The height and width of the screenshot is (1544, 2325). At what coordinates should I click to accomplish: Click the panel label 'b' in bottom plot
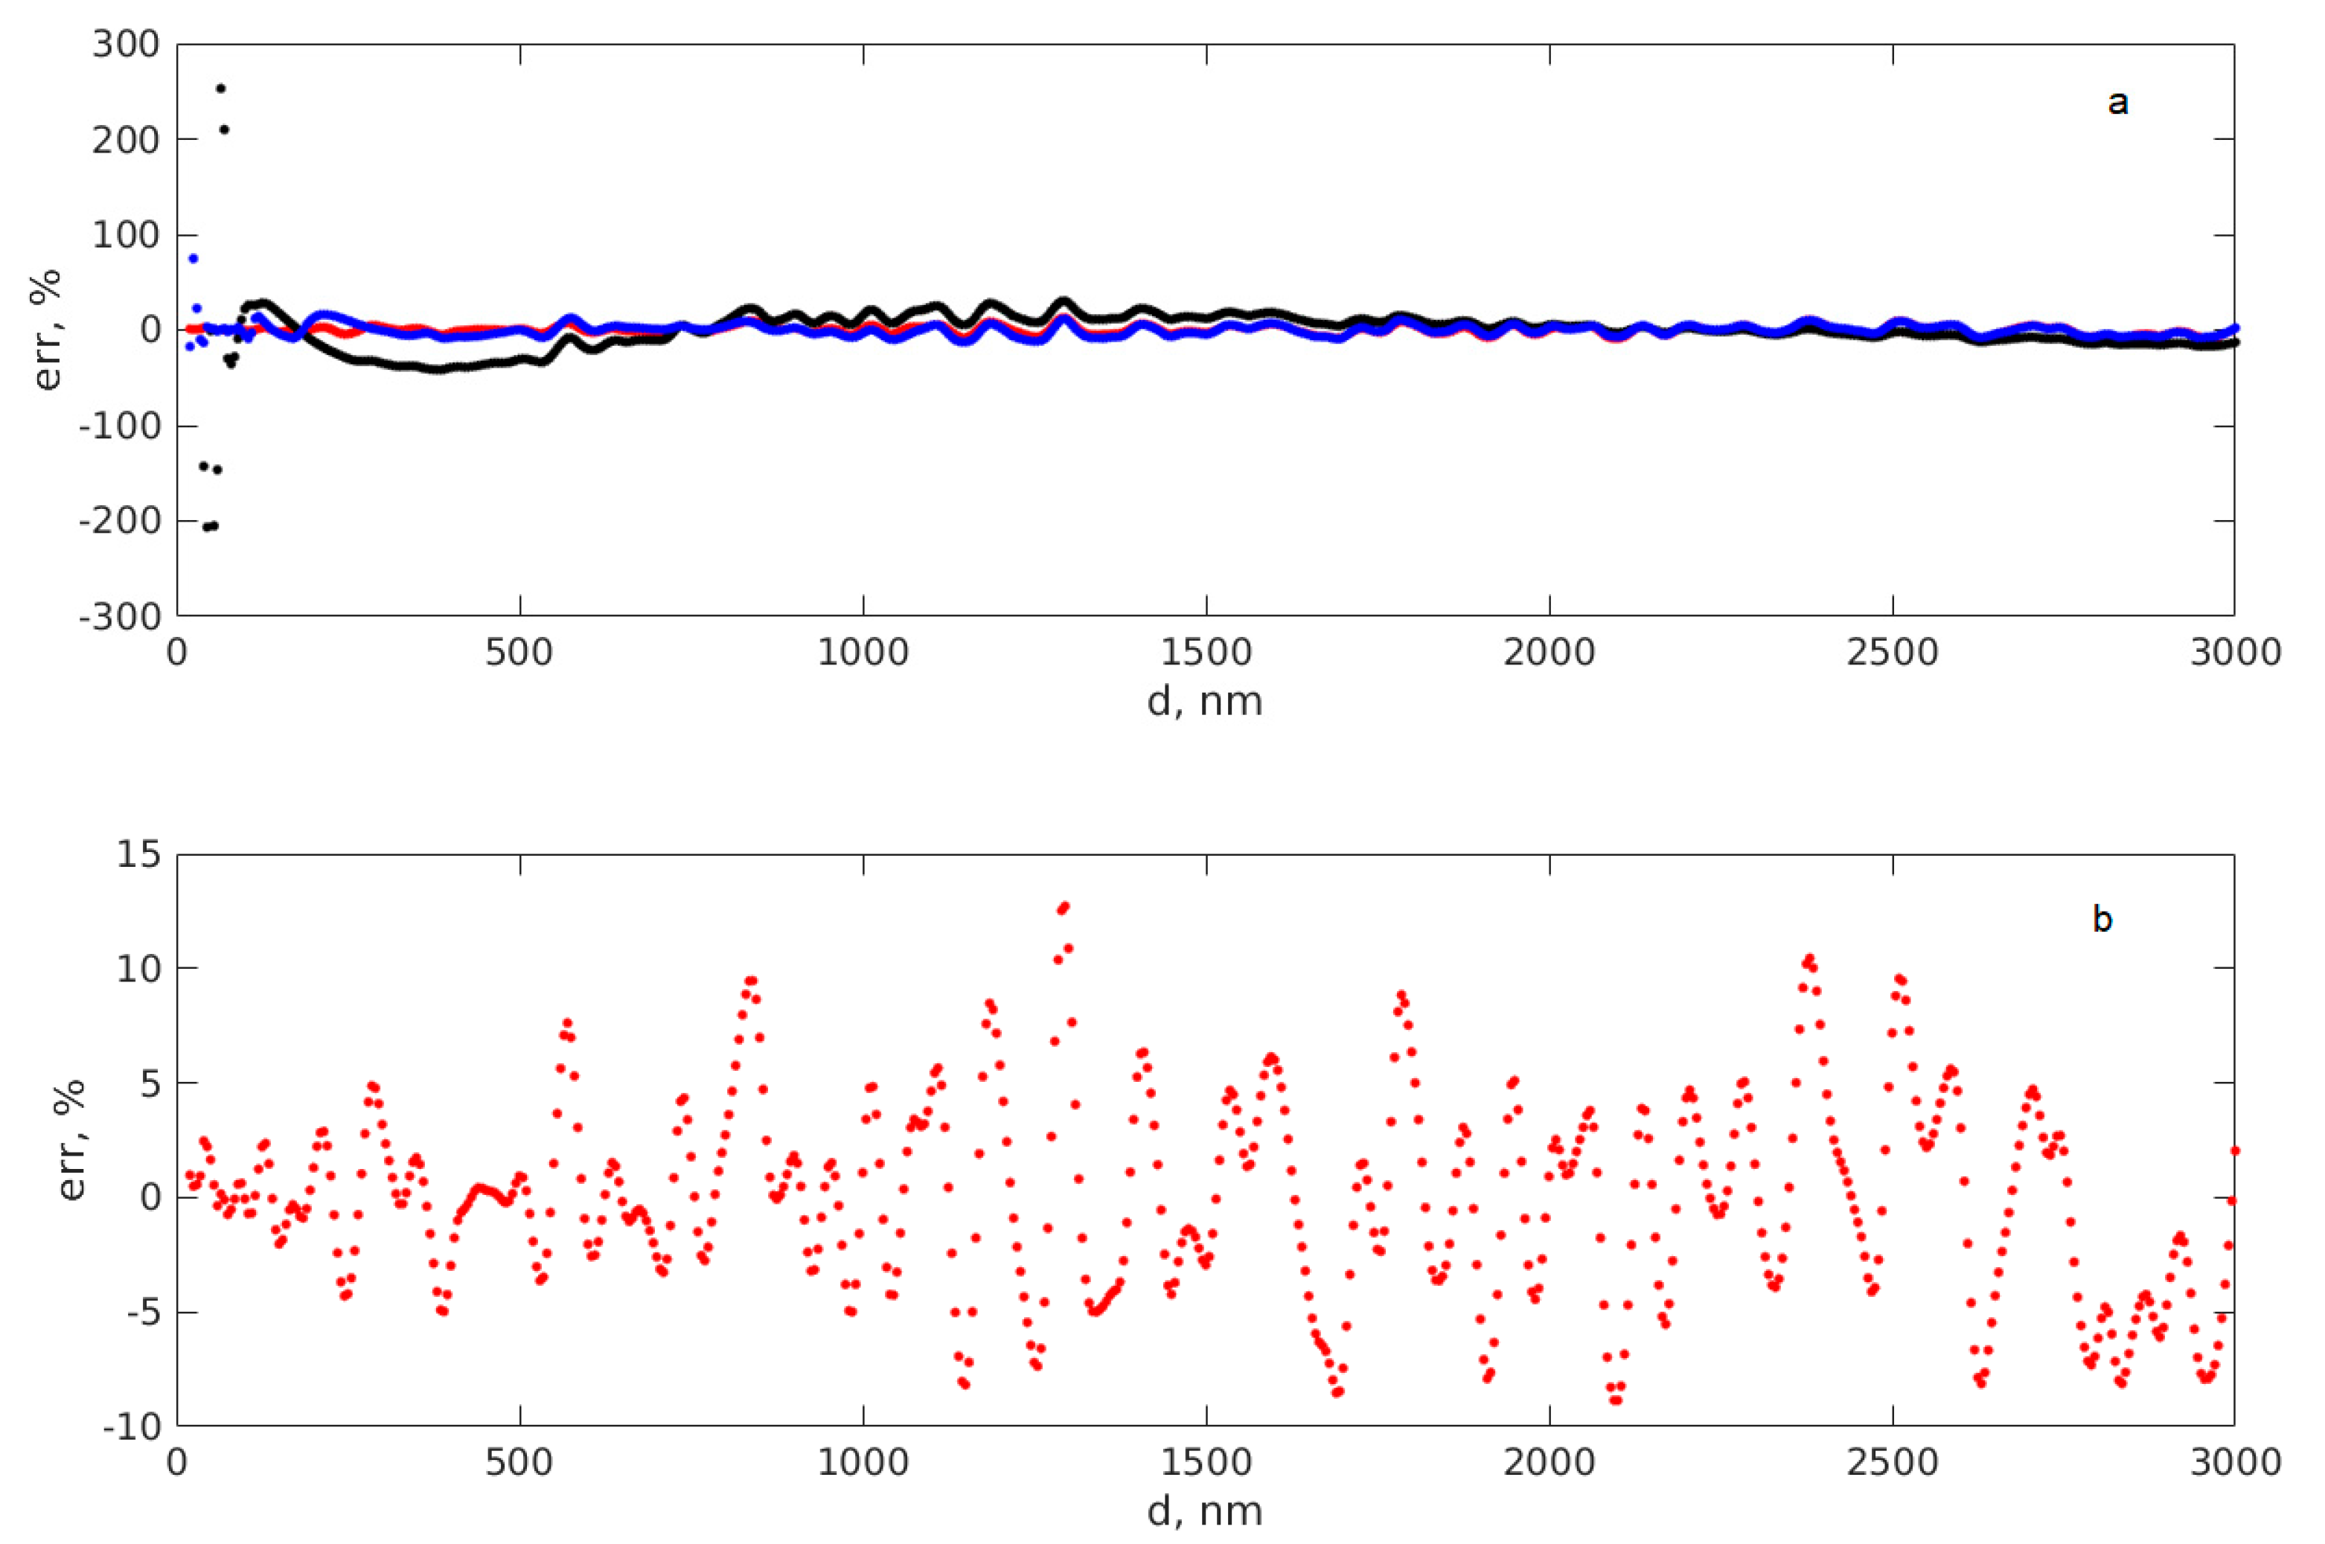tap(2102, 920)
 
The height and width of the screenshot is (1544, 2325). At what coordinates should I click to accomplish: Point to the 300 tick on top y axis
tap(125, 45)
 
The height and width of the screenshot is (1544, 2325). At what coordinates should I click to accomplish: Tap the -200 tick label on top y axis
tap(119, 522)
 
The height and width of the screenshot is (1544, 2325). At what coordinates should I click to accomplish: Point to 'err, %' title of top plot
tap(48, 330)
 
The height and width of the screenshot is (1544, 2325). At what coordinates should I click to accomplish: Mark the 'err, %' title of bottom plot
tap(71, 1139)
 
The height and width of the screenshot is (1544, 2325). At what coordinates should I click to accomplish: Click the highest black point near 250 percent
tap(220, 89)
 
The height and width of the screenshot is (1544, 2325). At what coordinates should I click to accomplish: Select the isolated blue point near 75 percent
tap(193, 258)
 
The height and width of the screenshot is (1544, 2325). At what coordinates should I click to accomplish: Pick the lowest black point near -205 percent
tap(207, 527)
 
